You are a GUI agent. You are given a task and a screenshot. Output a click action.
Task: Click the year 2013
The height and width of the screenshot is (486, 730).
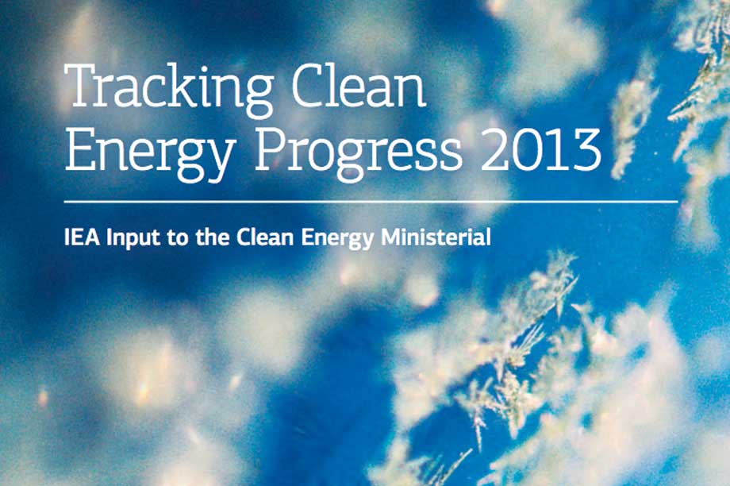(541, 148)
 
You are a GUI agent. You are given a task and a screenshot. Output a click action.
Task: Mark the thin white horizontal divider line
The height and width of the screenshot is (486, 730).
(371, 202)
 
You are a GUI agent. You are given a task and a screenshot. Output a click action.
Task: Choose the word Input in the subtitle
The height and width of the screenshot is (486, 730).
(134, 239)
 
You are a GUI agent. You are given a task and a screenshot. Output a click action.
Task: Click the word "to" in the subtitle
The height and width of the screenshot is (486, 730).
(178, 238)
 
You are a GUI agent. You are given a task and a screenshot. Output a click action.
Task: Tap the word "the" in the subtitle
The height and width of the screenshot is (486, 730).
(213, 237)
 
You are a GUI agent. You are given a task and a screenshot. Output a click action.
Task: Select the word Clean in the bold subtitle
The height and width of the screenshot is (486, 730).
(265, 237)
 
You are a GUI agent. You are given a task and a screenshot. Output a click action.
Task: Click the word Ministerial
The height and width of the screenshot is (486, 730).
(436, 237)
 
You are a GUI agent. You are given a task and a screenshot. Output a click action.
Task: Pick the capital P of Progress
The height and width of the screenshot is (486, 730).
(271, 148)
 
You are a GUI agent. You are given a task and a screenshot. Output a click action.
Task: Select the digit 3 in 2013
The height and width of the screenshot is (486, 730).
(586, 149)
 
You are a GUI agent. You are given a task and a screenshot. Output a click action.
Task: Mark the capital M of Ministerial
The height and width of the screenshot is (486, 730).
(392, 237)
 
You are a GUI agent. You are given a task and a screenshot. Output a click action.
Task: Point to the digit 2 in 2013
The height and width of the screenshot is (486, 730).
(495, 148)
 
